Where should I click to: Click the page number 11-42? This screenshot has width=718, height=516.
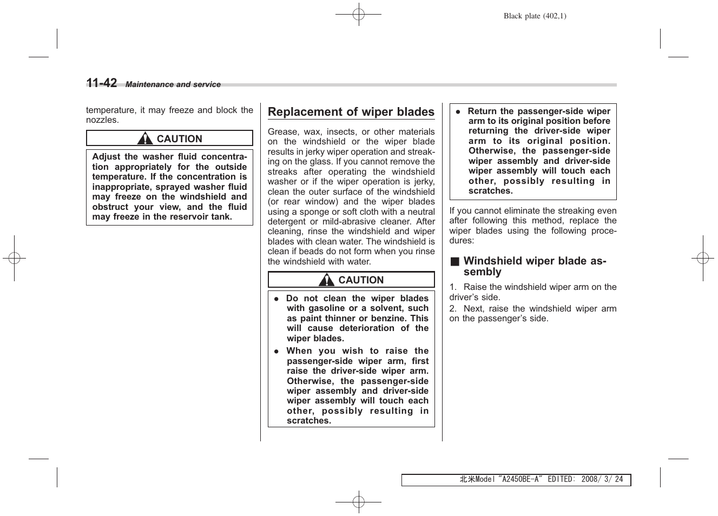pyautogui.click(x=102, y=83)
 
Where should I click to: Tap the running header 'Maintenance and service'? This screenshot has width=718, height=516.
pyautogui.click(x=173, y=85)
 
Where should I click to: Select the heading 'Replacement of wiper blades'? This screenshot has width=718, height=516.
pyautogui.click(x=351, y=112)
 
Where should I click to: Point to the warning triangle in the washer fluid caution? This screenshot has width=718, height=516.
pyautogui.click(x=145, y=138)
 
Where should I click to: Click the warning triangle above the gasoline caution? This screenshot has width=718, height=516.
pyautogui.click(x=326, y=280)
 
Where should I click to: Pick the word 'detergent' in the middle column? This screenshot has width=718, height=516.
pyautogui.click(x=286, y=222)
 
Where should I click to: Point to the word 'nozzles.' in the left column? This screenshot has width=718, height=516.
pyautogui.click(x=102, y=120)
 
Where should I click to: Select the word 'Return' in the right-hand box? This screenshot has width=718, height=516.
pyautogui.click(x=482, y=111)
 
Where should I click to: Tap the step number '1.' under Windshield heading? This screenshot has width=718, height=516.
pyautogui.click(x=453, y=287)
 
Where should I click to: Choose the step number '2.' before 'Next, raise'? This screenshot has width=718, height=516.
pyautogui.click(x=453, y=309)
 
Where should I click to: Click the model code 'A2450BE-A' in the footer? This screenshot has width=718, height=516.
pyautogui.click(x=520, y=480)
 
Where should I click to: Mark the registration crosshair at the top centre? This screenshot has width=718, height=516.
pyautogui.click(x=358, y=15)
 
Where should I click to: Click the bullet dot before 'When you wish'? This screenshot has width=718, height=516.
pyautogui.click(x=276, y=351)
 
